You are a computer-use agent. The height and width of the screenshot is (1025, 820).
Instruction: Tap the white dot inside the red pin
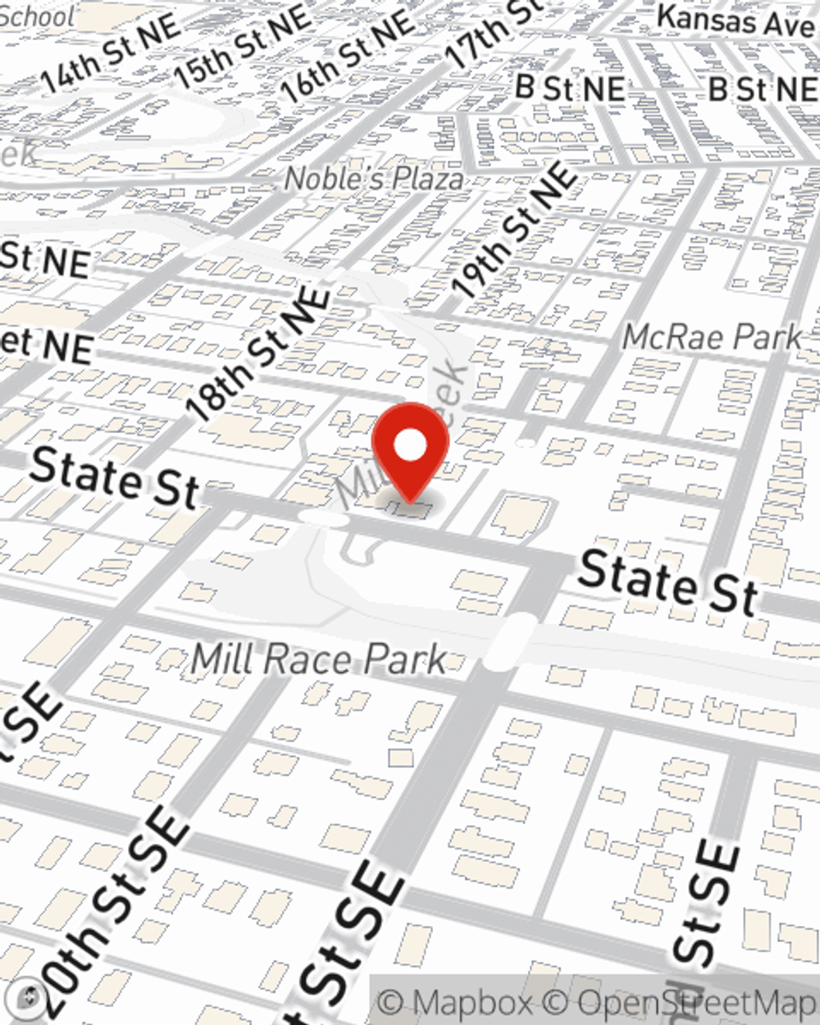tap(410, 447)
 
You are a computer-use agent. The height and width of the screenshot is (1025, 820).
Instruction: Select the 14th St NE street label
tap(111, 53)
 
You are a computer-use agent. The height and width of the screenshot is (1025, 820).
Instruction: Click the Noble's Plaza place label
tap(373, 178)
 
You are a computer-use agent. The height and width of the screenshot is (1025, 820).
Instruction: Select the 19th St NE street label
tap(515, 230)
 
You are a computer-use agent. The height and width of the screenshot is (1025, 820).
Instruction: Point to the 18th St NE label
tap(258, 354)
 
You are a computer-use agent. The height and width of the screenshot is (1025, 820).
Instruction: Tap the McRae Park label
tap(712, 336)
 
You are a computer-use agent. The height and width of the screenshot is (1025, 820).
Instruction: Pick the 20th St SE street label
tap(115, 910)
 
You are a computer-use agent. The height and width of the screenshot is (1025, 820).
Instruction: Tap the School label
tap(37, 15)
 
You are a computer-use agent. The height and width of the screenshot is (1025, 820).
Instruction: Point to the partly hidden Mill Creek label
tap(402, 435)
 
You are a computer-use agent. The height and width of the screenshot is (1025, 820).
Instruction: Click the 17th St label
tap(492, 33)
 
